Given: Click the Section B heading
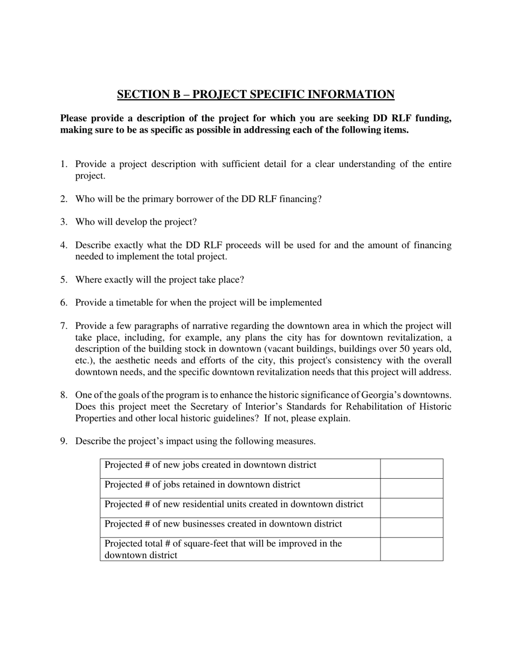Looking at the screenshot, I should [x=255, y=94].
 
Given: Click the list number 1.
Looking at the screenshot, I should [x=63, y=164].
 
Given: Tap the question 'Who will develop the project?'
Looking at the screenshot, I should [x=136, y=222].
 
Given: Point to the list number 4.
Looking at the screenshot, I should [x=63, y=245].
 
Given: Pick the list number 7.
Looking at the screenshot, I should [x=63, y=326].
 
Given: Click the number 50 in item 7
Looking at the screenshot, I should [x=404, y=349].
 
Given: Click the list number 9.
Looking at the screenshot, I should [x=63, y=441].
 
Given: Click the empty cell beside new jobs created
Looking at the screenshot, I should [x=411, y=468].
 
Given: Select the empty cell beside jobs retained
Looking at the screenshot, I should [x=411, y=488].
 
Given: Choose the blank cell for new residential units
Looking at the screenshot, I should [x=411, y=508].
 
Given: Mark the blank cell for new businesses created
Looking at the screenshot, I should [x=411, y=527].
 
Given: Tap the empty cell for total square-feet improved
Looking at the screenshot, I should [x=411, y=549].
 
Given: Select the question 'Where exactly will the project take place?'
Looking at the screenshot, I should [x=160, y=280].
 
